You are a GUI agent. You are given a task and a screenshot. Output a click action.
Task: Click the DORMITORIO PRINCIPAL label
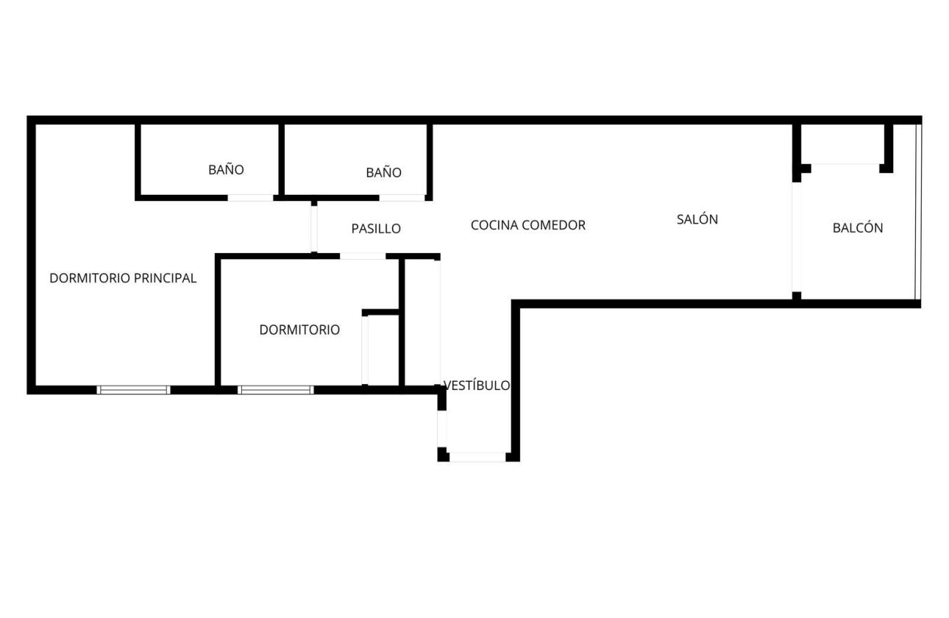tap(123, 278)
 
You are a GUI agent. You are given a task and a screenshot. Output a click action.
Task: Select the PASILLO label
tap(376, 229)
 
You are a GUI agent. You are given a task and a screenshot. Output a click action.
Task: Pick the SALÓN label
tap(697, 219)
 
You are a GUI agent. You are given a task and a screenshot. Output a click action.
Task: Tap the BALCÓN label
tap(858, 228)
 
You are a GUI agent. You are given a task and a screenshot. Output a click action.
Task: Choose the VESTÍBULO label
tap(477, 386)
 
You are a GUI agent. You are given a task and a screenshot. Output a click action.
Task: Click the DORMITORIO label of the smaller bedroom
tap(299, 330)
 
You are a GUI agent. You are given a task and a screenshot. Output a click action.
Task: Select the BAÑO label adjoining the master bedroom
tap(226, 170)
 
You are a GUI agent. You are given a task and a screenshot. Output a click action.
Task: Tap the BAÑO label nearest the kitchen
tap(384, 173)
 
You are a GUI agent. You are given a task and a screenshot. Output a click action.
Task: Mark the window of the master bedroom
tap(133, 390)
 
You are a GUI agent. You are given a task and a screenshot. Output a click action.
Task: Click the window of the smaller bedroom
tap(276, 390)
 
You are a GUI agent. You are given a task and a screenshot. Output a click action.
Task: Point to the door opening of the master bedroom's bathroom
tap(250, 198)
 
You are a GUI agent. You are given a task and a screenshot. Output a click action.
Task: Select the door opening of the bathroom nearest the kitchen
tap(402, 198)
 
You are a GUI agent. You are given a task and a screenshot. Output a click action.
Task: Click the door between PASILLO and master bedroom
tap(314, 228)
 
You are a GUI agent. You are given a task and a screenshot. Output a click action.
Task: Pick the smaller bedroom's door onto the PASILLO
tap(363, 256)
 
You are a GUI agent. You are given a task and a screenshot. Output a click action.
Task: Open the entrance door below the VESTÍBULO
tap(477, 457)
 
